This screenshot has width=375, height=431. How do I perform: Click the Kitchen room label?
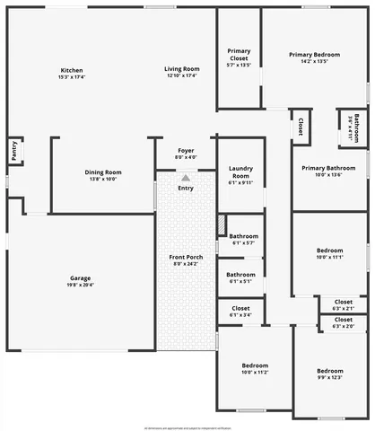click(72, 71)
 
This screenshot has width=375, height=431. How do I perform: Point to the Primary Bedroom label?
click(314, 56)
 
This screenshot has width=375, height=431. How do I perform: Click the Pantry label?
click(13, 151)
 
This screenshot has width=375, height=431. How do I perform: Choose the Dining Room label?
click(102, 172)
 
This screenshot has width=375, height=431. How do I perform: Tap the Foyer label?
click(186, 151)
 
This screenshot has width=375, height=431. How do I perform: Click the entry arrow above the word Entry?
click(186, 178)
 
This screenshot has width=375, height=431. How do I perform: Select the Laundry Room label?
click(240, 172)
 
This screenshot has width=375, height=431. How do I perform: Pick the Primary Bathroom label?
click(329, 169)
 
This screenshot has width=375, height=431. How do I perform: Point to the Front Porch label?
click(185, 259)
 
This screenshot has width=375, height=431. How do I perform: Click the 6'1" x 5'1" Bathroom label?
click(240, 275)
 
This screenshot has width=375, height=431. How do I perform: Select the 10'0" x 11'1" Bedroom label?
click(330, 251)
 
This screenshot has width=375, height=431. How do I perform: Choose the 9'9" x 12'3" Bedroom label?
click(329, 371)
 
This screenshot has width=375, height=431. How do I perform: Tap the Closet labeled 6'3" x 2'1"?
click(344, 302)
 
